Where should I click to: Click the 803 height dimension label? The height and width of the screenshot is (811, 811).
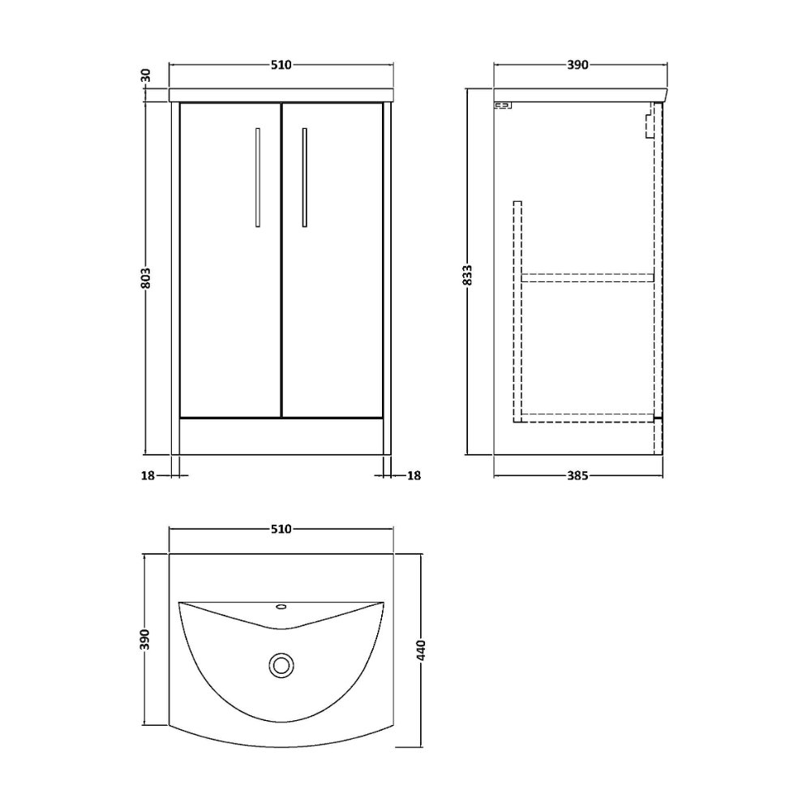point(146,278)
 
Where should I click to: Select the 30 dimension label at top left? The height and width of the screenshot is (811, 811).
point(146,75)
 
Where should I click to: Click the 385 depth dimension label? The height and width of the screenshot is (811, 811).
point(577,475)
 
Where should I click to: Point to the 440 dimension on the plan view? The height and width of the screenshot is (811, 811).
point(421,650)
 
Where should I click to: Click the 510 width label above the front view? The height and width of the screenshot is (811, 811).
point(281,65)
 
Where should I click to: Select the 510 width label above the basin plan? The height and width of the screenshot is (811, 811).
point(281,529)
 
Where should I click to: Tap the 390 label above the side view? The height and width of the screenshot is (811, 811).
point(577,65)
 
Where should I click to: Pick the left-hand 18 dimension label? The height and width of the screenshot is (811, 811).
point(148,475)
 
